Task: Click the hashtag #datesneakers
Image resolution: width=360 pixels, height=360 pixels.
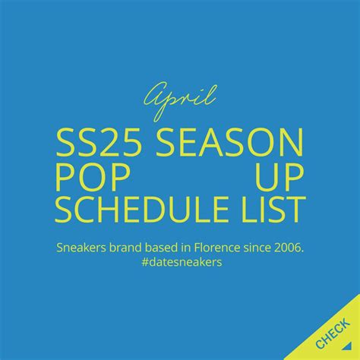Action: click(x=179, y=262)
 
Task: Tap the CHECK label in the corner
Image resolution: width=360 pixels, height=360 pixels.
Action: click(x=332, y=333)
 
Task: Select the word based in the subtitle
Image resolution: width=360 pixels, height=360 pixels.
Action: click(x=167, y=248)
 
